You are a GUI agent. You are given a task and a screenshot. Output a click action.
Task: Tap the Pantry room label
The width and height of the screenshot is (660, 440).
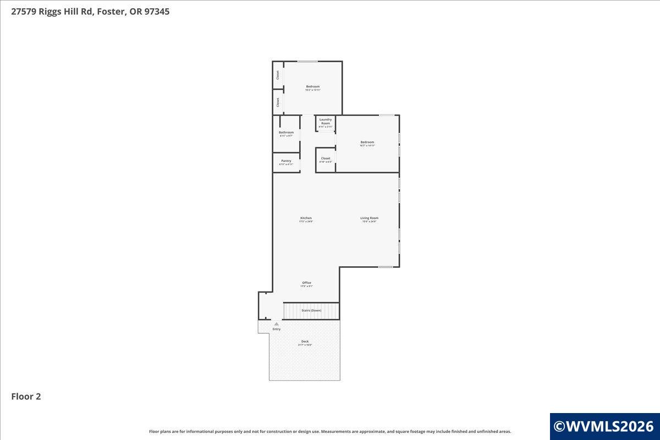point(286,161)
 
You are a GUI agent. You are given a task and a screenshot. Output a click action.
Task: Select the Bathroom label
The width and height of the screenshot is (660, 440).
point(286,133)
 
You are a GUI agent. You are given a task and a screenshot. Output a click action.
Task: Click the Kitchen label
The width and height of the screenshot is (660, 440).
point(306,218)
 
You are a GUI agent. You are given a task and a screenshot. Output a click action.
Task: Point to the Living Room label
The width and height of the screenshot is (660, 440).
point(369,218)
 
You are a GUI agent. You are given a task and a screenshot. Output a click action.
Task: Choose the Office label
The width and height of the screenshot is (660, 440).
point(306,283)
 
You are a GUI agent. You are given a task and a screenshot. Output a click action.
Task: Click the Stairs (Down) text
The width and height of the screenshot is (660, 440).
point(311,311)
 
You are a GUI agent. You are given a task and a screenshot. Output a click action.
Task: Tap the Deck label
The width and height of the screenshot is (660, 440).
point(305,342)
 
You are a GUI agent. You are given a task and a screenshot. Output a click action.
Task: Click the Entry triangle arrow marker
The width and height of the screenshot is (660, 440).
point(276,324)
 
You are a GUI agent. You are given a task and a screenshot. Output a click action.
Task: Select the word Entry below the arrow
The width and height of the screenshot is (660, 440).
point(276,329)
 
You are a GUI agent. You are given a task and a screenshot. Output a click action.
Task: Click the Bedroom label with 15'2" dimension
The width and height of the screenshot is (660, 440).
point(312,87)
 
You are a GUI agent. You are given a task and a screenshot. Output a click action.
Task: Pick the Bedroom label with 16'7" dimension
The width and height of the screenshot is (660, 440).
point(367,142)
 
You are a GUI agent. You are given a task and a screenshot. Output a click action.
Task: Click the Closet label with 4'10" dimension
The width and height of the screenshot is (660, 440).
point(326,158)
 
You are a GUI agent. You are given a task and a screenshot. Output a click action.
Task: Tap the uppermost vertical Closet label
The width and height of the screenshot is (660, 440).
point(278,74)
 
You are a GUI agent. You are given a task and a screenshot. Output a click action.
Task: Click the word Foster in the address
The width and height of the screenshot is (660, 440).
point(112,12)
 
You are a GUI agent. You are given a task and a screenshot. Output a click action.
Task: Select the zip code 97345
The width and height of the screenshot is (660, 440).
point(156,12)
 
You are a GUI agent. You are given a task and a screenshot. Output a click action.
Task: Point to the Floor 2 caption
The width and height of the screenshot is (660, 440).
point(26,396)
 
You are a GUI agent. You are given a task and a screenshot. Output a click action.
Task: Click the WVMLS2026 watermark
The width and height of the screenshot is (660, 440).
point(604,426)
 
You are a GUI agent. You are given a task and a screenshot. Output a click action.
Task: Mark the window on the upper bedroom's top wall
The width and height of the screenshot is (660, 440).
point(307,61)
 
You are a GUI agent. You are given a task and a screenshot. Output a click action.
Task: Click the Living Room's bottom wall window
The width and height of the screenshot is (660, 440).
point(385,267)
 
